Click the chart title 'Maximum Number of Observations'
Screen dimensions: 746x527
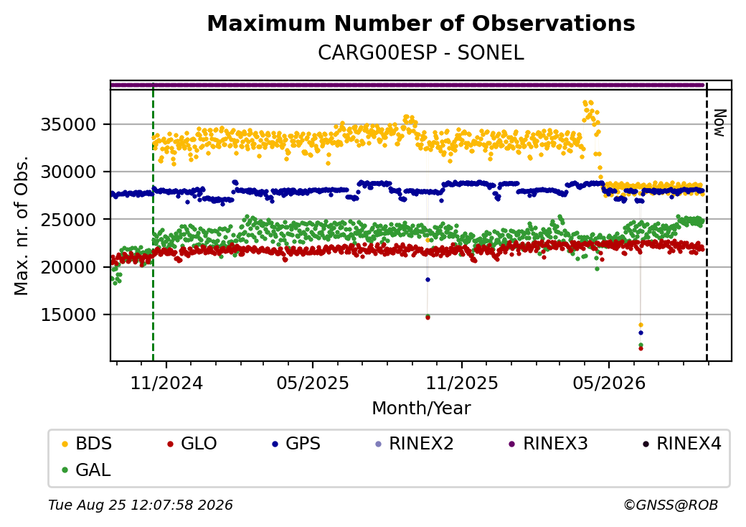421,23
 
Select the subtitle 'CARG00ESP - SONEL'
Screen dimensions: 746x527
421,53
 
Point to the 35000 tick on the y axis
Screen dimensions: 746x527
69,125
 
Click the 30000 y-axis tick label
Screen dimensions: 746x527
69,172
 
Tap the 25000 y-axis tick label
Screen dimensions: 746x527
69,220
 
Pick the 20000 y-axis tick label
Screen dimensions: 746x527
69,267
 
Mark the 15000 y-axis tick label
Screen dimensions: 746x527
69,314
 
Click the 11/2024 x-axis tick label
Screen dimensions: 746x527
166,383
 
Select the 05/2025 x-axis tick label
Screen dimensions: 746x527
313,383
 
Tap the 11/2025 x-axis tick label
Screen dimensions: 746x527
461,383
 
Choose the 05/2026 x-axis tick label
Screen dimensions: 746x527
609,383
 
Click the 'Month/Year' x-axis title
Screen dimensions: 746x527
421,409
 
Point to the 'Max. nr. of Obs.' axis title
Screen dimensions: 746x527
22,225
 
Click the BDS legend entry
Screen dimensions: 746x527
87,444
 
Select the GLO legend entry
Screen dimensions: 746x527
192,444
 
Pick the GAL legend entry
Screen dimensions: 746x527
86,470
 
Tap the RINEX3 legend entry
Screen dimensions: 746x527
548,444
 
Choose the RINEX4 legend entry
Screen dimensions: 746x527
681,444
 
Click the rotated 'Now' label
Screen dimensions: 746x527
719,123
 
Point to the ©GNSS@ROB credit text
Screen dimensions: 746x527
671,505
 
